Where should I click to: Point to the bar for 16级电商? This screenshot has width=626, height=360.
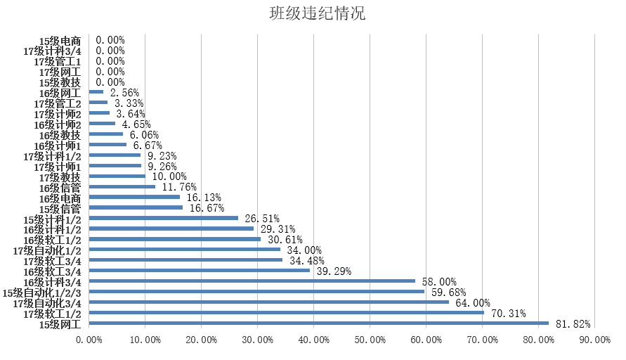coord(134,198)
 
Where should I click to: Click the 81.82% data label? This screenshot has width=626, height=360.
coord(573,324)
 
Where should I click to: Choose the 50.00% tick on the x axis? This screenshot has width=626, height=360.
coord(370,340)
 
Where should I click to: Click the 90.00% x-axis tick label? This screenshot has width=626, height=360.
coord(595,340)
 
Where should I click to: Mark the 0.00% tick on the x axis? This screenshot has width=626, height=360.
coord(89,340)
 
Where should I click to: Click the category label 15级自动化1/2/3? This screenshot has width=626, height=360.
coord(42,292)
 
